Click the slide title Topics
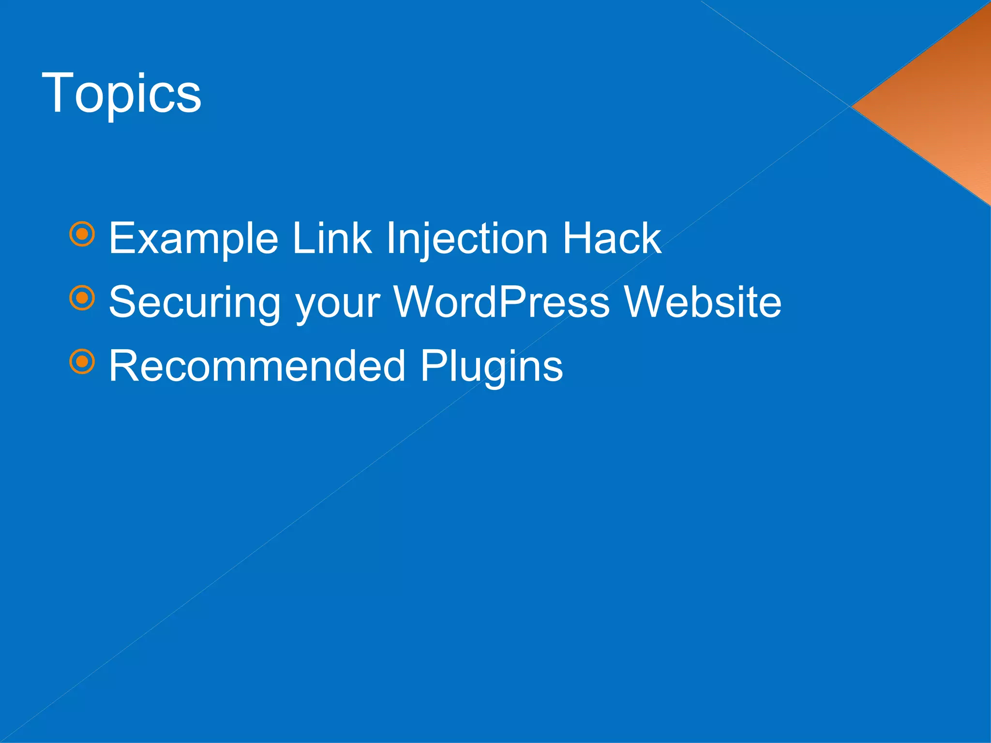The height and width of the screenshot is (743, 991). pyautogui.click(x=121, y=93)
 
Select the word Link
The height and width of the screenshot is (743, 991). pyautogui.click(x=332, y=238)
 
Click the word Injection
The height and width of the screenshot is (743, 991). pyautogui.click(x=466, y=238)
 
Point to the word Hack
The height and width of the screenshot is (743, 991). pyautogui.click(x=611, y=238)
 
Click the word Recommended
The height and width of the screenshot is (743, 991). pyautogui.click(x=257, y=366)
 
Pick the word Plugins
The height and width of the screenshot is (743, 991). pyautogui.click(x=491, y=367)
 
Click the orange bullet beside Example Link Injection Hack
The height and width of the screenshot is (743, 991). pyautogui.click(x=82, y=234)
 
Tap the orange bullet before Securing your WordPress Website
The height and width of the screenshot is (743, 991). pyautogui.click(x=82, y=298)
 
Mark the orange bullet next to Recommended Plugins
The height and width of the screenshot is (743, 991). pyautogui.click(x=82, y=361)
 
